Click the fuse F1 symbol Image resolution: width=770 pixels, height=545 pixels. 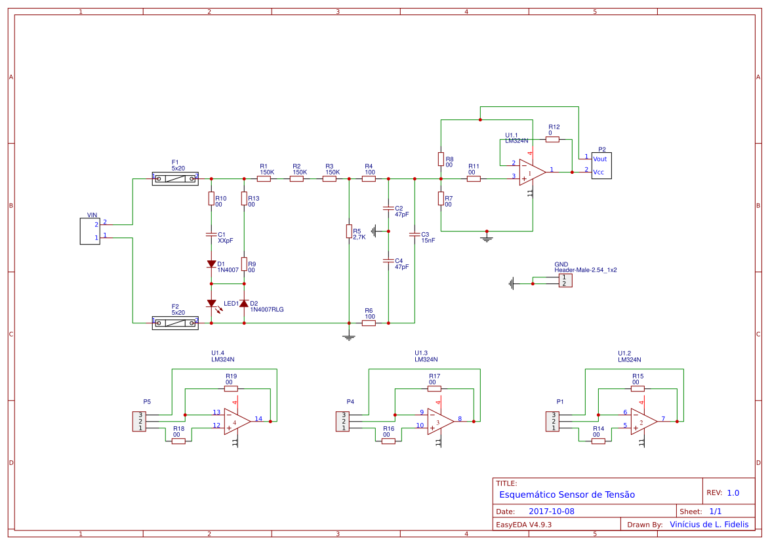pyautogui.click(x=175, y=178)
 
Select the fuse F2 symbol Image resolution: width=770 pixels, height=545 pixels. pyautogui.click(x=175, y=323)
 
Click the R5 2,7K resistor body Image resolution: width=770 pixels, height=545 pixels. pyautogui.click(x=349, y=231)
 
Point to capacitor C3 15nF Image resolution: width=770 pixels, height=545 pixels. pyautogui.click(x=415, y=234)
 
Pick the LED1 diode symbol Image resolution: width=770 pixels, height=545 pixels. pyautogui.click(x=211, y=303)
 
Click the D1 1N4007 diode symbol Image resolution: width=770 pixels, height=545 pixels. pyautogui.click(x=211, y=264)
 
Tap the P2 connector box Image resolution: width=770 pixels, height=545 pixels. pyautogui.click(x=601, y=165)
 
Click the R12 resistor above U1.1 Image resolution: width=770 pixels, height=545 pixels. pyautogui.click(x=552, y=139)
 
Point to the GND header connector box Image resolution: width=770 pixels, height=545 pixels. pyautogui.click(x=565, y=281)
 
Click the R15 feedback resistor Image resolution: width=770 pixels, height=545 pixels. pyautogui.click(x=638, y=388)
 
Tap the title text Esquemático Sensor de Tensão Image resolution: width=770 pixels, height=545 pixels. pyautogui.click(x=567, y=495)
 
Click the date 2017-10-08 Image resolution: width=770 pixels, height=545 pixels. pyautogui.click(x=551, y=512)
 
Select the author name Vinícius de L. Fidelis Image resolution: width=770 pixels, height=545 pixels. pyautogui.click(x=708, y=525)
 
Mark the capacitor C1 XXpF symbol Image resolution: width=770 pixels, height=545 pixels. pyautogui.click(x=211, y=234)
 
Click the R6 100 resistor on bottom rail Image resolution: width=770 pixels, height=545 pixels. pyautogui.click(x=369, y=323)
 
